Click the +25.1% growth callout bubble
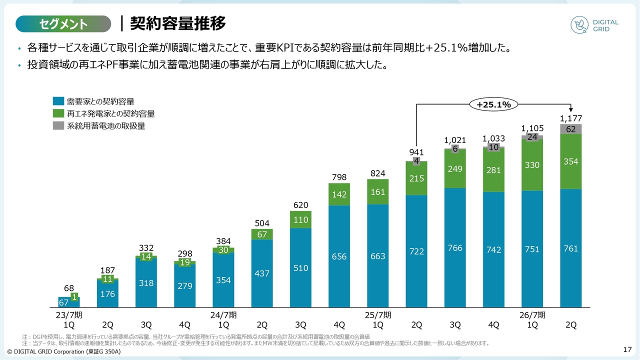493,104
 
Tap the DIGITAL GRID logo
594,25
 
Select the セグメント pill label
63,23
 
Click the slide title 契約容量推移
177,23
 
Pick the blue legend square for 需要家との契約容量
58,101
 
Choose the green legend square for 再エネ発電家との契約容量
58,113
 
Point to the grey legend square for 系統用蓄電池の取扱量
58,125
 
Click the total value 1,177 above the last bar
571,118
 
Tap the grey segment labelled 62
571,129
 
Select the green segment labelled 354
571,161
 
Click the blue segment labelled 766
455,248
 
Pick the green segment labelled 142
339,194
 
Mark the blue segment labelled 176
108,294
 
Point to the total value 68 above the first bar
69,288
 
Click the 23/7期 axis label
69,315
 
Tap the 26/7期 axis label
532,315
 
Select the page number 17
628,348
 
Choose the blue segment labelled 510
301,268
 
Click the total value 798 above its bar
339,177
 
